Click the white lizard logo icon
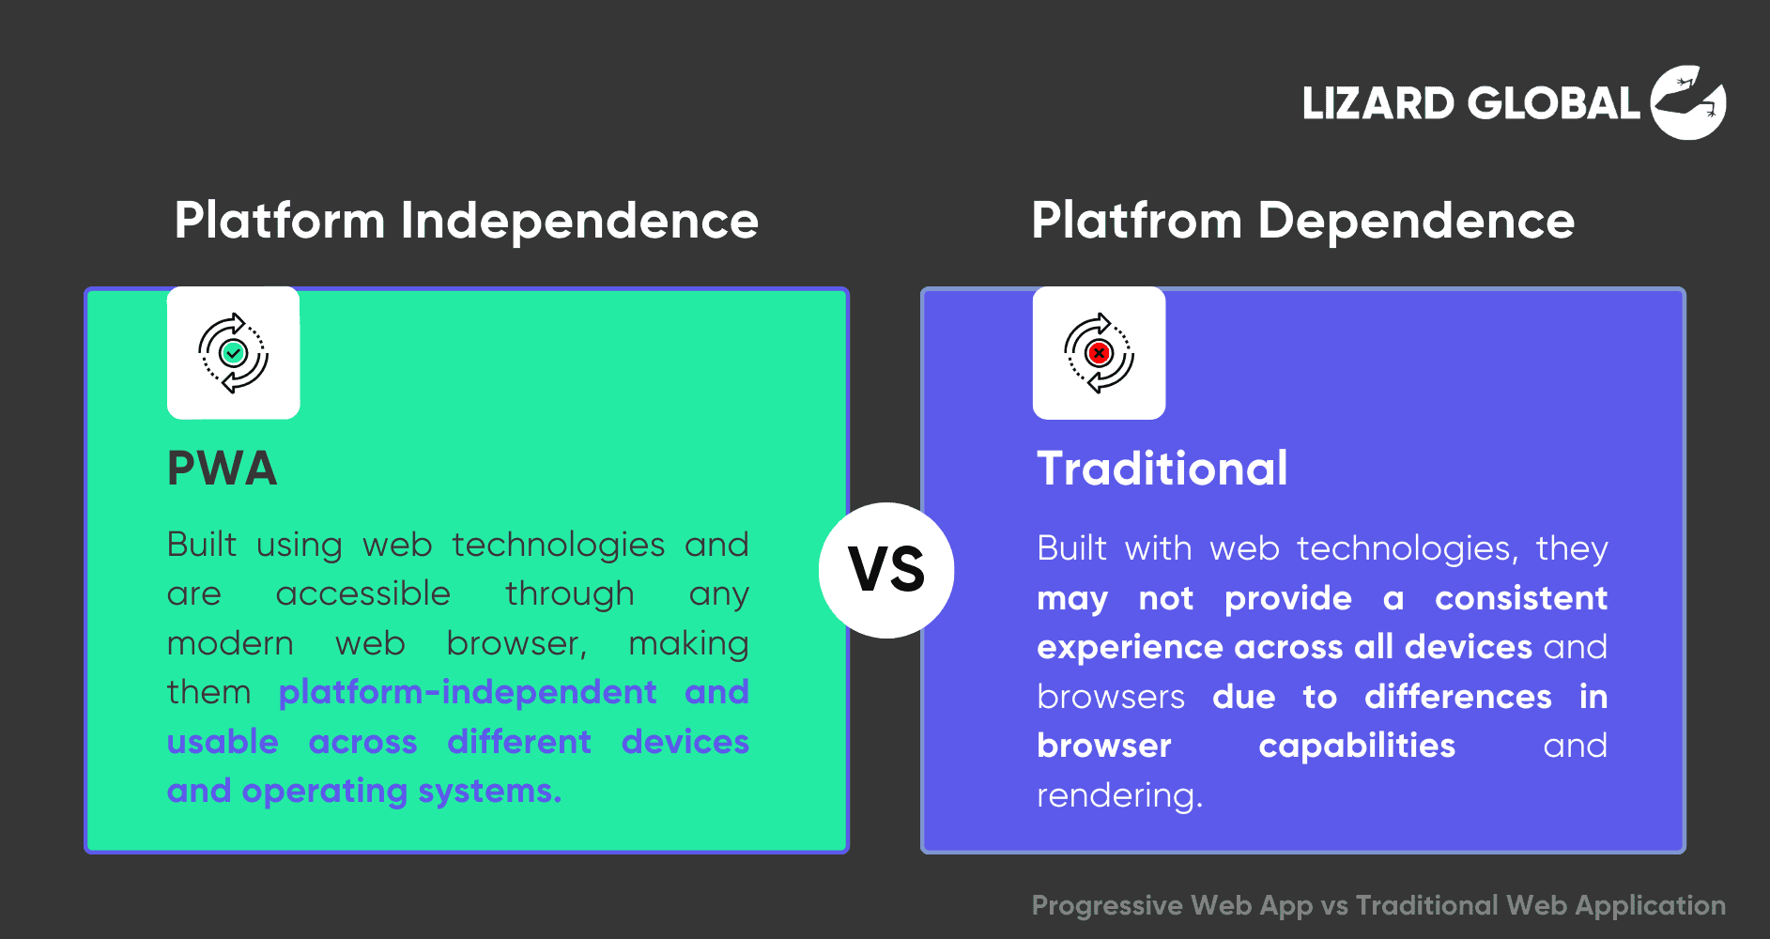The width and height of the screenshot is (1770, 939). point(1688,102)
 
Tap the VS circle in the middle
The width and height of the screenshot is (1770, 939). point(886,570)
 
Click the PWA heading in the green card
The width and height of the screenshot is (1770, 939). point(223,468)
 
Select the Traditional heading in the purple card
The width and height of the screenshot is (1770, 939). point(1162,468)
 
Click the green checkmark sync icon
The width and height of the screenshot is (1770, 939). point(233,353)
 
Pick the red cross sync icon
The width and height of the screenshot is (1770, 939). point(1099,353)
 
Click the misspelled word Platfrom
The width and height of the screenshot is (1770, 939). point(1136,221)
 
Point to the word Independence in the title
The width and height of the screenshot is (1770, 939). point(579,222)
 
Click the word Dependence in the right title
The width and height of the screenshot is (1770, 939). point(1416,222)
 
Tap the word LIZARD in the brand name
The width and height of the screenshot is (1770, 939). point(1378,103)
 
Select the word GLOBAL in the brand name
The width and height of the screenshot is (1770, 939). point(1554,103)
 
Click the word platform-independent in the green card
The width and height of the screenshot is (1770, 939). point(468,693)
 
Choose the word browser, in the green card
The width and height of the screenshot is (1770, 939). point(516,643)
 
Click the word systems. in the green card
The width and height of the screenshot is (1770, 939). point(489,793)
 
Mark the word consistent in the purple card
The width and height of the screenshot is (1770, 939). point(1521,598)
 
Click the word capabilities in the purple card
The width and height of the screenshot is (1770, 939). point(1357,747)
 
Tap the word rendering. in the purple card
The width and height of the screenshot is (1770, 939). point(1119,796)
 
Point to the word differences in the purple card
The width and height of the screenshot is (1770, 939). point(1458,697)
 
